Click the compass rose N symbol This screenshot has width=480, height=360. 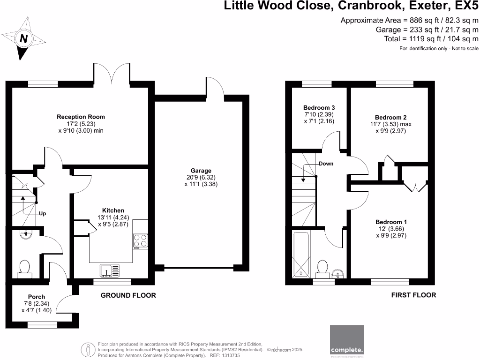pos(22,39)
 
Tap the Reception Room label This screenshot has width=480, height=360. pos(81,117)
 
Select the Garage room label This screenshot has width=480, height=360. pos(201,171)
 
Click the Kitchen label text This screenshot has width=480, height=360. pos(113,210)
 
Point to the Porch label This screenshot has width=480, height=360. pos(37,297)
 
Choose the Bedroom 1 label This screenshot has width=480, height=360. pos(391,222)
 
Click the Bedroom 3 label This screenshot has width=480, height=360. pos(319,108)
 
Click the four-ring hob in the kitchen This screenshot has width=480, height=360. pos(140,240)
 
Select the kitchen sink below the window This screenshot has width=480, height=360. pos(109,270)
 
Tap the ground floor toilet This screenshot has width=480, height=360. pos(24,268)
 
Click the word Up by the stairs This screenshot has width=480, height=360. pos(42,213)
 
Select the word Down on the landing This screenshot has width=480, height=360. pos(326,164)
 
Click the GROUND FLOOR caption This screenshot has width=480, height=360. pos(128,295)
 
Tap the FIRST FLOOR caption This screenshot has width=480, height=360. pos(413,295)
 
